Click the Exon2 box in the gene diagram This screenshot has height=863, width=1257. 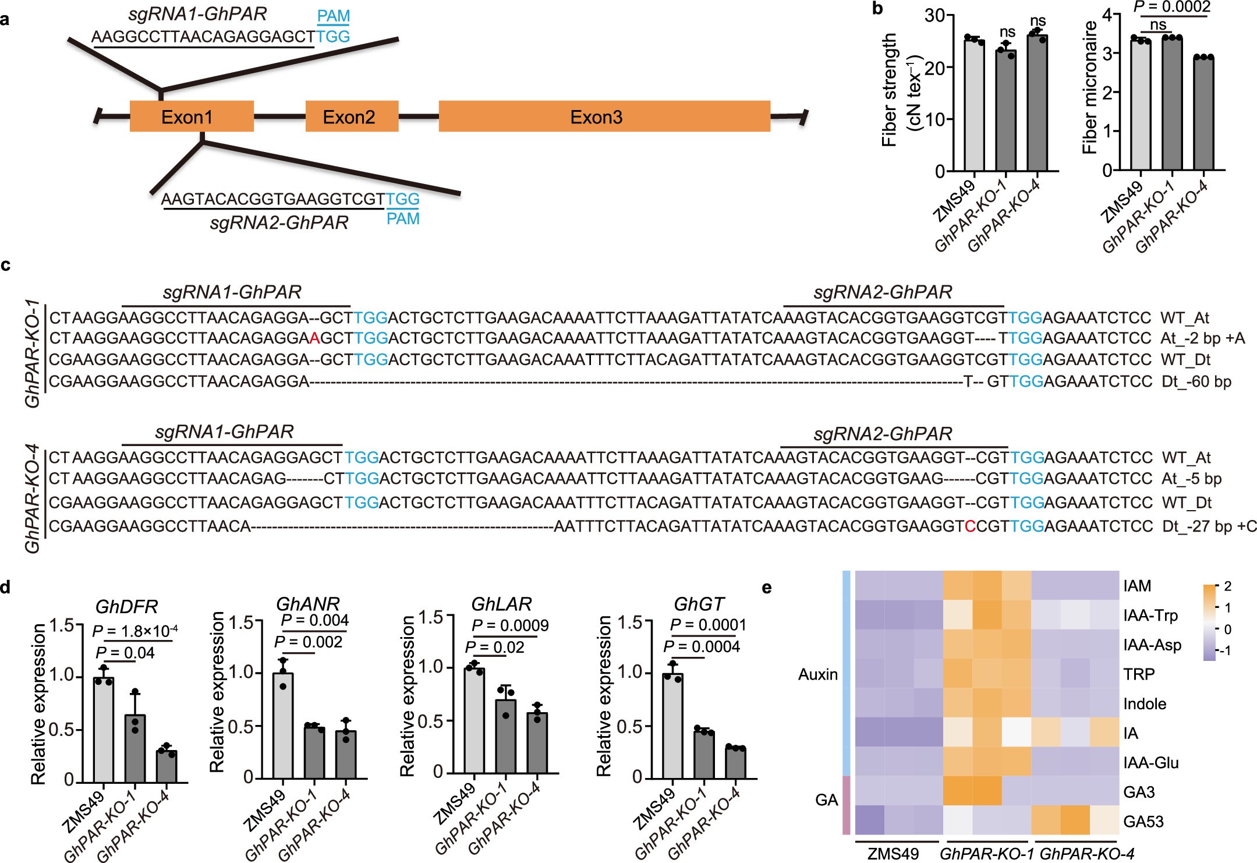click(x=352, y=116)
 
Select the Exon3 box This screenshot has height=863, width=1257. click(x=604, y=116)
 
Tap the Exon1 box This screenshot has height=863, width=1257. click(x=191, y=116)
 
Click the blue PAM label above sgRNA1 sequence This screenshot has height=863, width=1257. click(x=333, y=16)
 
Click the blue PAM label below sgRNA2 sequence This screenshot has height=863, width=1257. click(x=403, y=219)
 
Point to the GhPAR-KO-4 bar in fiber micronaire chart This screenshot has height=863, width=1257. click(x=1203, y=114)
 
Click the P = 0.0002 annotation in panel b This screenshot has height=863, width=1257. click(x=1171, y=7)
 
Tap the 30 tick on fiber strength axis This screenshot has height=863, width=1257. click(x=934, y=16)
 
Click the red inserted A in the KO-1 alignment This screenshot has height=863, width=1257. click(x=314, y=338)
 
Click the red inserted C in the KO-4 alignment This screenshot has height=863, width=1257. click(x=969, y=526)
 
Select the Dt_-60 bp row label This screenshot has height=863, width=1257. click(x=1196, y=382)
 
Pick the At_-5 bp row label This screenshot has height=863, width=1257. click(x=1191, y=479)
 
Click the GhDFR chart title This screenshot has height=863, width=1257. click(x=126, y=607)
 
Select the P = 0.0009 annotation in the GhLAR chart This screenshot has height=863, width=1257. click(x=509, y=625)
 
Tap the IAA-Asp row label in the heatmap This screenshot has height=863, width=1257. click(x=1152, y=645)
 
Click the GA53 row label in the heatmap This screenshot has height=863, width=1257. click(x=1143, y=822)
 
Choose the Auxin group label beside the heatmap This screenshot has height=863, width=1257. click(x=817, y=674)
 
